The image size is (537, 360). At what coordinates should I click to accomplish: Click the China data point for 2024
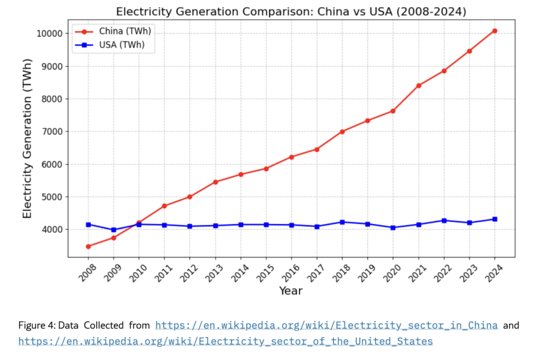click(494, 31)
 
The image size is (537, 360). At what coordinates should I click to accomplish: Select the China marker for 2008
click(88, 246)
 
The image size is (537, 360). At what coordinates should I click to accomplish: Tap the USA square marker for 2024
click(494, 219)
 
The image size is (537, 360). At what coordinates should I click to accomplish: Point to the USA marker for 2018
click(342, 222)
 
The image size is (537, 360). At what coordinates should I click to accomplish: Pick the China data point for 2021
click(418, 86)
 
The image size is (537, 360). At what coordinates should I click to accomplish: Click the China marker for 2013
click(215, 182)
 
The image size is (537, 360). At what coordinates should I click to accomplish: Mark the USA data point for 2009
click(114, 230)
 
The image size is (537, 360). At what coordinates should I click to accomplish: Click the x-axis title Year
click(291, 291)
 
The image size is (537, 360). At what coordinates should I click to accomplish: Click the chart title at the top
click(291, 12)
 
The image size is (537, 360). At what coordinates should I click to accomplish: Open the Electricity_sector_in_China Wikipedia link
click(326, 325)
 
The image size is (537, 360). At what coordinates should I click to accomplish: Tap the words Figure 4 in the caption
click(34, 325)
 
